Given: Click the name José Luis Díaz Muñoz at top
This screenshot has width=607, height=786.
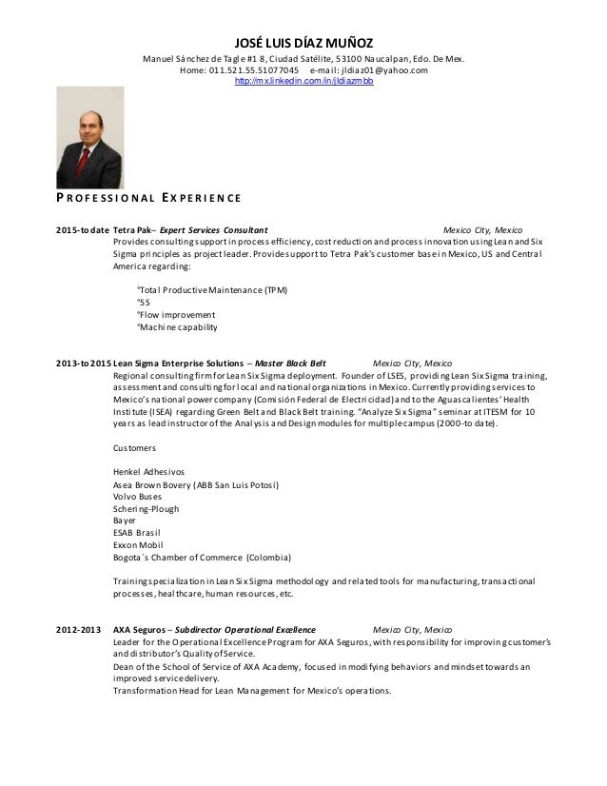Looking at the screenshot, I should [x=303, y=41].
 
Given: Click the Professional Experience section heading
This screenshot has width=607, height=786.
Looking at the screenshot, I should [x=143, y=198].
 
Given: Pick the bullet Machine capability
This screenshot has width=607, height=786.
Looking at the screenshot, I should [x=177, y=326].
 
